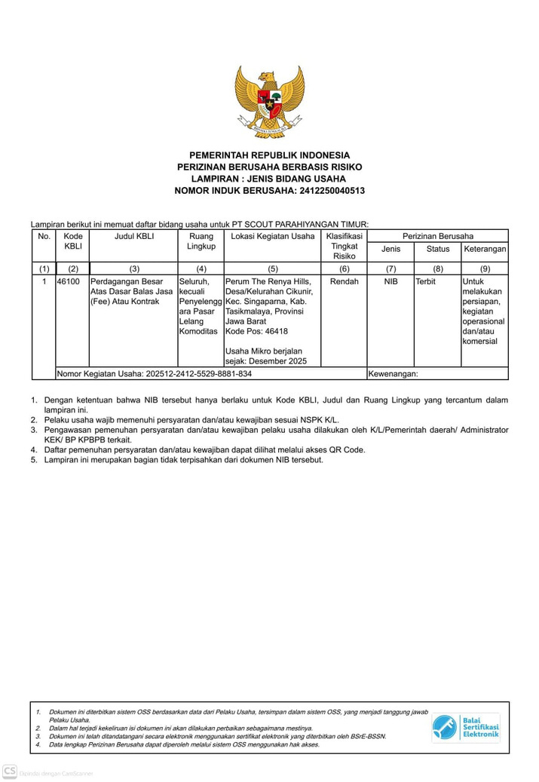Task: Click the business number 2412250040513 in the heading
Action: click(x=332, y=191)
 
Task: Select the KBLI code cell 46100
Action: click(x=69, y=282)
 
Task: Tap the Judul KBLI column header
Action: click(x=134, y=237)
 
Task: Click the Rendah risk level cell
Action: click(x=345, y=282)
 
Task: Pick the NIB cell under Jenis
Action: click(x=390, y=282)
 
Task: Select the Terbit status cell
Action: click(x=426, y=282)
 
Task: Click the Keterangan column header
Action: click(x=485, y=249)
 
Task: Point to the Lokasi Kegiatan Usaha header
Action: click(x=272, y=237)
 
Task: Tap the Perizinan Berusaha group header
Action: click(x=437, y=237)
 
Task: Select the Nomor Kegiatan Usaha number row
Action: click(x=155, y=373)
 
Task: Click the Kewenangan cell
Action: click(x=393, y=373)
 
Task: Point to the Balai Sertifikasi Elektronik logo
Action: click(x=465, y=727)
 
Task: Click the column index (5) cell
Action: click(x=272, y=268)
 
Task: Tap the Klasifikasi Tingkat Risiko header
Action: click(x=345, y=247)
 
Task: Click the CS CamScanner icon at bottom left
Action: click(x=10, y=771)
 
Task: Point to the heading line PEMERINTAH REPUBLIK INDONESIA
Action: click(x=269, y=155)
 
